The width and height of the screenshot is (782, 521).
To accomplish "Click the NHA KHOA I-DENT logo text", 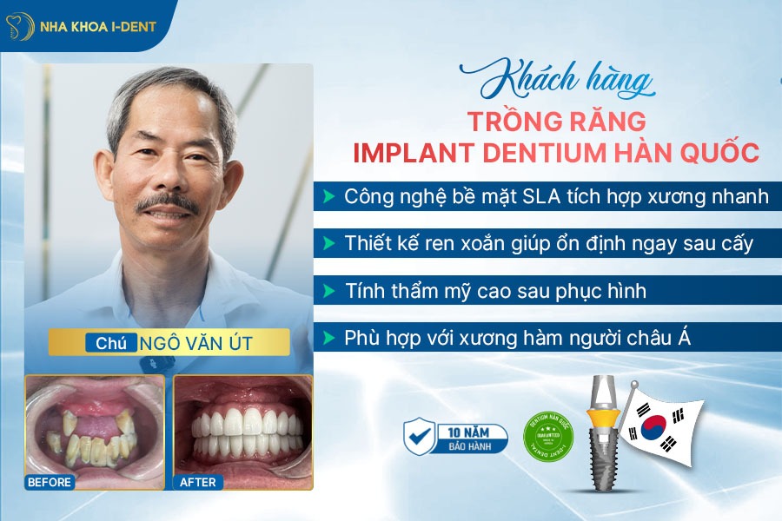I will click(x=98, y=26).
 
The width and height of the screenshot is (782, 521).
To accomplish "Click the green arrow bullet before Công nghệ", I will click(x=328, y=196).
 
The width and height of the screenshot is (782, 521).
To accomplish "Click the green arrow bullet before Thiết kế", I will click(x=328, y=243).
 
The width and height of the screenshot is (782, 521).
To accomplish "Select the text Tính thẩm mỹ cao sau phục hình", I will click(x=495, y=289).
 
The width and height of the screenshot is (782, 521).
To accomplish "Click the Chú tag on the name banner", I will click(x=111, y=343).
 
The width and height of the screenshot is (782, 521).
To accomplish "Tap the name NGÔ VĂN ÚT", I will click(x=196, y=343).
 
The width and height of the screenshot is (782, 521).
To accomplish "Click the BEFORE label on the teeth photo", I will click(x=50, y=481).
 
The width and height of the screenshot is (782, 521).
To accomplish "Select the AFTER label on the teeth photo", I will click(x=199, y=481).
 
